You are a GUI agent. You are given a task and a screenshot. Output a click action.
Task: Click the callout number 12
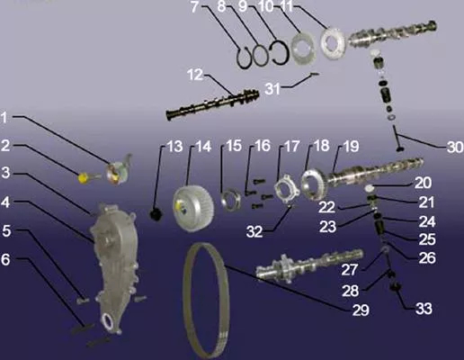pyautogui.click(x=195, y=75)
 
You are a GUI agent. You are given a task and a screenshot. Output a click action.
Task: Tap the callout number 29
pyautogui.click(x=361, y=310)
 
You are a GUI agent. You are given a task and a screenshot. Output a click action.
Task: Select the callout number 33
pyautogui.click(x=424, y=309)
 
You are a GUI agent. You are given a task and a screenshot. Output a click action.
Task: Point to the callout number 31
pyautogui.click(x=272, y=88)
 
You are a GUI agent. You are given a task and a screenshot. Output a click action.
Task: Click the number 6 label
pyautogui.click(x=5, y=259)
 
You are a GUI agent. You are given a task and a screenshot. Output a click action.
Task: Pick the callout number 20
pyautogui.click(x=423, y=183)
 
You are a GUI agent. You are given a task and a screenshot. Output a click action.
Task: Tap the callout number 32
pyautogui.click(x=254, y=231)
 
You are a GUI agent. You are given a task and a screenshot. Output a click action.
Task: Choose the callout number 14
pyautogui.click(x=203, y=147)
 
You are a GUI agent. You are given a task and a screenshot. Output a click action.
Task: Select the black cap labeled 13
pyautogui.click(x=156, y=214)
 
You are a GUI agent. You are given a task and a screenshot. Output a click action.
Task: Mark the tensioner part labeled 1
pyautogui.click(x=119, y=170)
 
